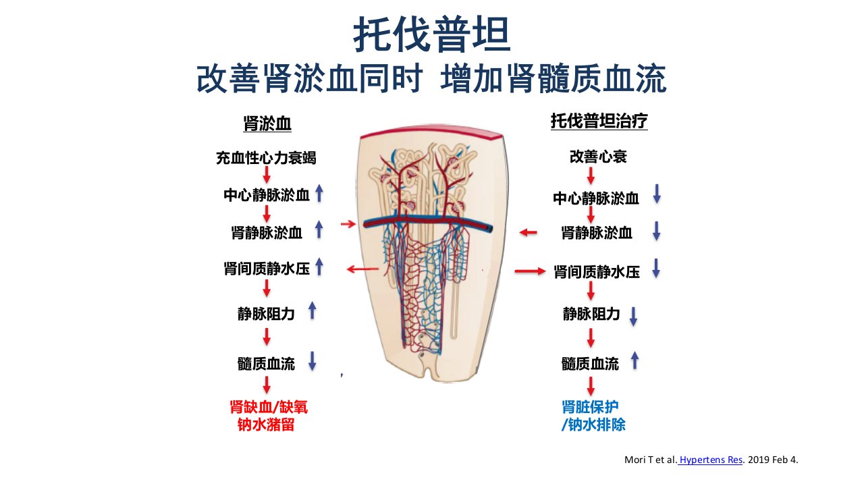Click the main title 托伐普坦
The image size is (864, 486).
pyautogui.click(x=432, y=34)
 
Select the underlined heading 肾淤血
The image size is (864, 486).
pyautogui.click(x=267, y=124)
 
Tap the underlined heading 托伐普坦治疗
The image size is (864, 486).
pyautogui.click(x=599, y=121)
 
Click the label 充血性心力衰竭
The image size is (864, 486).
pyautogui.click(x=266, y=158)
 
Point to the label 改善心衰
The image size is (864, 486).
pyautogui.click(x=598, y=157)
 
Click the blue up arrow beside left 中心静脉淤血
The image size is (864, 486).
pyautogui.click(x=319, y=193)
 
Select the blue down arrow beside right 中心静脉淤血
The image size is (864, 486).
pyautogui.click(x=657, y=194)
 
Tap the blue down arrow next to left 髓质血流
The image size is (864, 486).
pyautogui.click(x=312, y=361)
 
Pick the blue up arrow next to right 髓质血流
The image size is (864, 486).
pyautogui.click(x=634, y=361)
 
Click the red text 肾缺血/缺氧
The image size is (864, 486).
pyautogui.click(x=269, y=407)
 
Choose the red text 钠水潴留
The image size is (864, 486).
pyautogui.click(x=266, y=425)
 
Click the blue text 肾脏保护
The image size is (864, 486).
pyautogui.click(x=590, y=407)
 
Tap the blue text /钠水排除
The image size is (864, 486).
pyautogui.click(x=593, y=425)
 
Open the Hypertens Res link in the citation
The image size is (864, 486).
pyautogui.click(x=711, y=460)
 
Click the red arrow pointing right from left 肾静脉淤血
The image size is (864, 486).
pyautogui.click(x=348, y=223)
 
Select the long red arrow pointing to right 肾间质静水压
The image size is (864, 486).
pyautogui.click(x=530, y=271)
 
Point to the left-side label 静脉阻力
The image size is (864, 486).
pyautogui.click(x=266, y=314)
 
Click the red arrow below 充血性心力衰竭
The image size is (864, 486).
pyautogui.click(x=267, y=175)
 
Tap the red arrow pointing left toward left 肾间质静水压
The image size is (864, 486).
pyautogui.click(x=362, y=269)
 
